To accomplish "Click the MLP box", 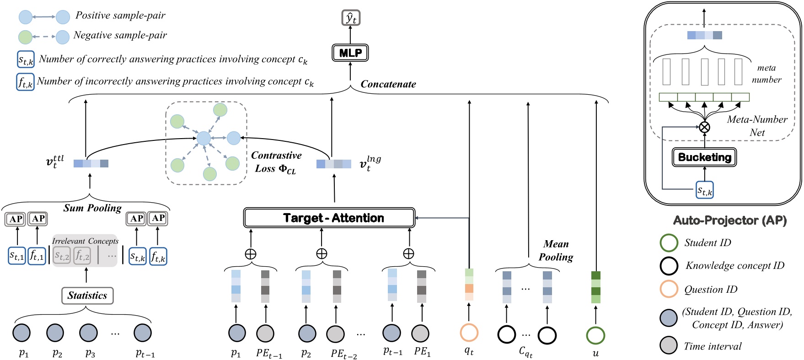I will click(x=350, y=53).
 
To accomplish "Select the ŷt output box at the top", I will click(x=351, y=18).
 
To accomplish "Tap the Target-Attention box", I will click(x=329, y=218).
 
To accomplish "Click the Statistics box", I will click(x=87, y=296).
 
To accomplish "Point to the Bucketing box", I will click(x=704, y=157).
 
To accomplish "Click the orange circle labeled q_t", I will click(x=469, y=333).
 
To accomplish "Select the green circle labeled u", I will click(x=595, y=335).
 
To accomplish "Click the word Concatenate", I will click(x=388, y=84).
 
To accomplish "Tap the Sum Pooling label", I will click(x=92, y=208).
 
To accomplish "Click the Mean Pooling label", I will click(x=556, y=251).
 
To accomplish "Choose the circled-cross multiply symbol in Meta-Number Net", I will click(x=705, y=127).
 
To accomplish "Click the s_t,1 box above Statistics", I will click(x=17, y=256).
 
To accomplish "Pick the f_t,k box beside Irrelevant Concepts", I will click(x=158, y=257).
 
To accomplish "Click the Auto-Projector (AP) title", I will click(x=729, y=220).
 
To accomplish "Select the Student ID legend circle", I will click(x=669, y=243).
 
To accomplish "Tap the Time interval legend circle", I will click(x=669, y=346).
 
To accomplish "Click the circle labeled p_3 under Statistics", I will click(x=88, y=333).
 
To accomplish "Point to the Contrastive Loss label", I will click(x=276, y=162).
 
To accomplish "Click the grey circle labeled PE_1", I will click(x=420, y=333).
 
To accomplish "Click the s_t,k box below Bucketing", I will click(x=704, y=190).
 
